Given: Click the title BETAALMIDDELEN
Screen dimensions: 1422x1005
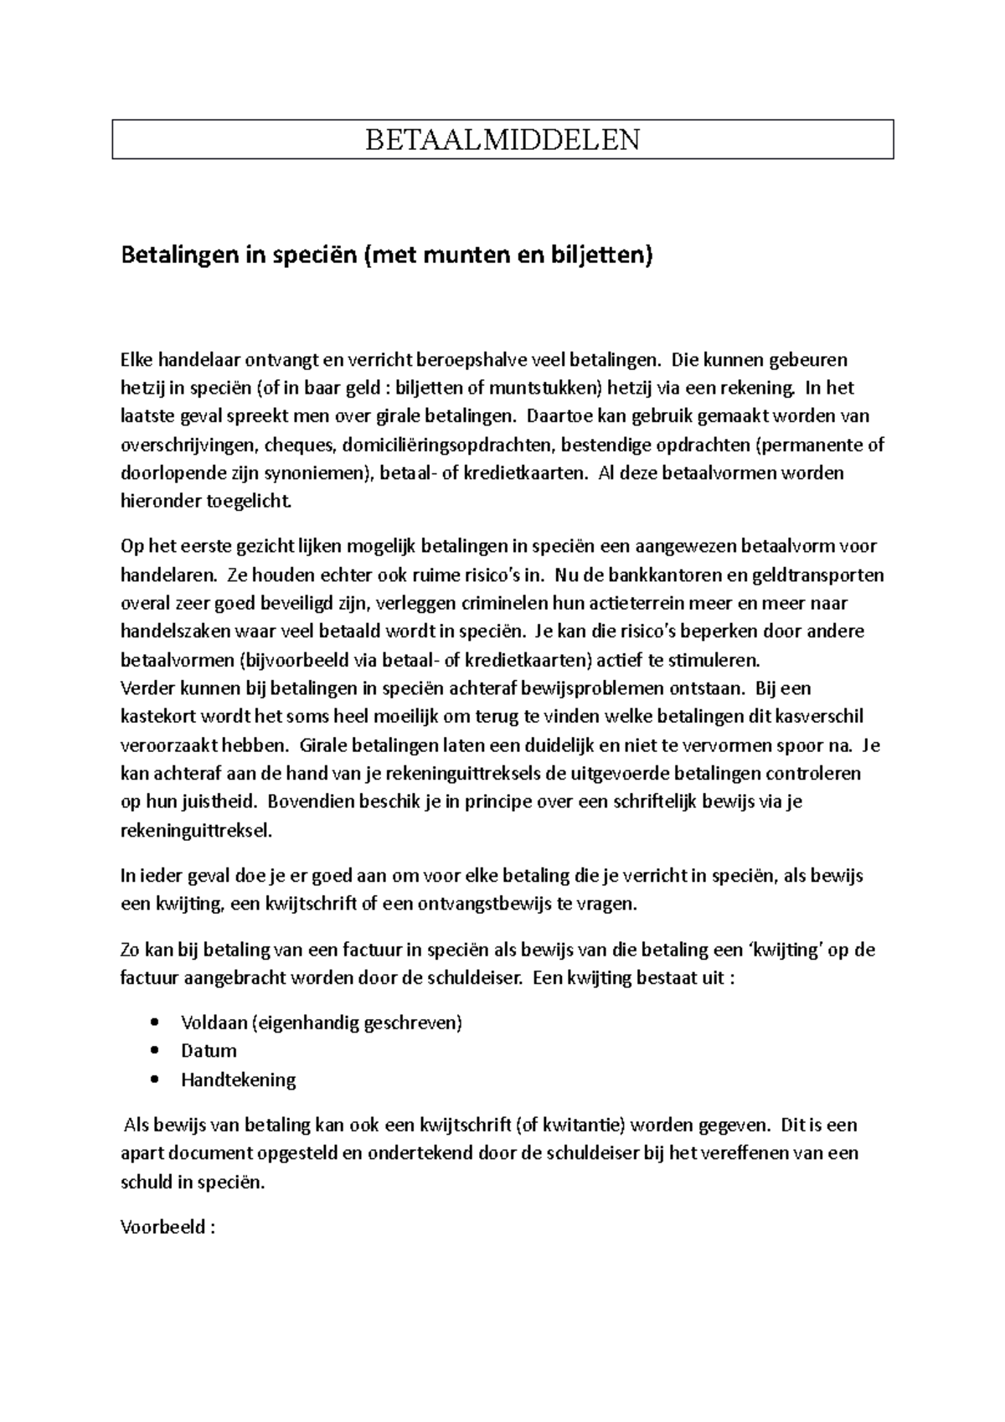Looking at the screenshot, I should [502, 139].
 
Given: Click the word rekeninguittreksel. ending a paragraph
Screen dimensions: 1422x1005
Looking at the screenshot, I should [196, 831].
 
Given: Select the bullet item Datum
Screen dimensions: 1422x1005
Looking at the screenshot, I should [209, 1051].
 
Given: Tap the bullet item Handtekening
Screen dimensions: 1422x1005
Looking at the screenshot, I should [238, 1079].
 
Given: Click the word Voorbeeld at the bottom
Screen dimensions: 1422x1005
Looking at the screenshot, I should [162, 1227].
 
